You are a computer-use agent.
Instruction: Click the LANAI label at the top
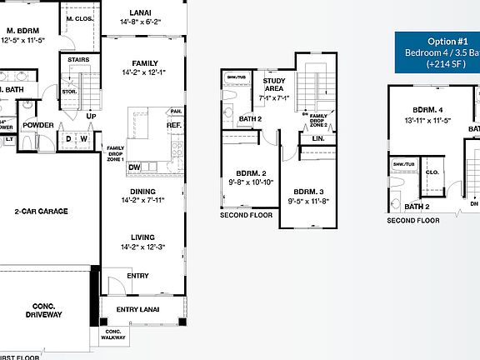(140, 12)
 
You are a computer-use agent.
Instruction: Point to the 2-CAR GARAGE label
(41, 211)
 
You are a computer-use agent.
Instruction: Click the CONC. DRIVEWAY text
(42, 310)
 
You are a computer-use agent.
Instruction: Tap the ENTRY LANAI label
(138, 309)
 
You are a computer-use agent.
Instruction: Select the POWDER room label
(37, 125)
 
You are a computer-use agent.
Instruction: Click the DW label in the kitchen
(134, 167)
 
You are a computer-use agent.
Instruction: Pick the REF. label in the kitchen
(174, 126)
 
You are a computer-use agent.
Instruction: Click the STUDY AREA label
(274, 85)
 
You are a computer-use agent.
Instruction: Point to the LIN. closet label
(318, 138)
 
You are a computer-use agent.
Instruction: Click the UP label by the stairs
(90, 116)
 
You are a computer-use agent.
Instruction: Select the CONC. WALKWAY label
(114, 335)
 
